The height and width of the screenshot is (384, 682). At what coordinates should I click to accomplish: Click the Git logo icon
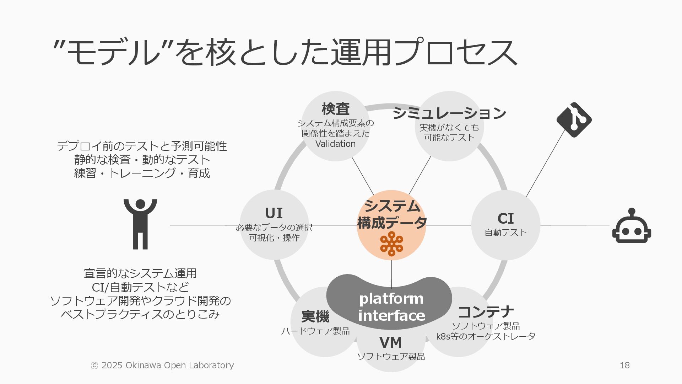574,120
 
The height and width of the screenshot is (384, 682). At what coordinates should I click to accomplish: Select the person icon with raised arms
140,224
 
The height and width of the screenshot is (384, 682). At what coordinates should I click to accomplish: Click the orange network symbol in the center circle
391,244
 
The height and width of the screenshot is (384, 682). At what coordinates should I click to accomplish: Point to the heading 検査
335,109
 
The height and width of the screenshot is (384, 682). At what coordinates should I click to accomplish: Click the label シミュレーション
449,113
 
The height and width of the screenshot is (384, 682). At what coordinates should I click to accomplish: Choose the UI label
274,213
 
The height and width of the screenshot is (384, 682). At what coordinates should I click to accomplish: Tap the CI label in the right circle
505,218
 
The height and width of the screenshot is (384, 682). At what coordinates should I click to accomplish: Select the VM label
390,343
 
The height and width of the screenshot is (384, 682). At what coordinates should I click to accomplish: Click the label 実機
315,316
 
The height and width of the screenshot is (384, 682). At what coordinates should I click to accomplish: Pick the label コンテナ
485,312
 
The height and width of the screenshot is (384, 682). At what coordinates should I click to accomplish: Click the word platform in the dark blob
391,299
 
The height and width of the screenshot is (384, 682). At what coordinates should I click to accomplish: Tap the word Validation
335,144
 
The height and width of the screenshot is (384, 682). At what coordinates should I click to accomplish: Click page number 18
624,365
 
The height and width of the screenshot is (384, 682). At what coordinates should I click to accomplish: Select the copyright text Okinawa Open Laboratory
179,365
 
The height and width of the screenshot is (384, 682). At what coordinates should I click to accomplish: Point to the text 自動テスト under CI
505,233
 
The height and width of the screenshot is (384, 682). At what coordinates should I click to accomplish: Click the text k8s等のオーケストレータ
485,336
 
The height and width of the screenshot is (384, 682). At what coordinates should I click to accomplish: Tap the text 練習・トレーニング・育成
142,173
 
